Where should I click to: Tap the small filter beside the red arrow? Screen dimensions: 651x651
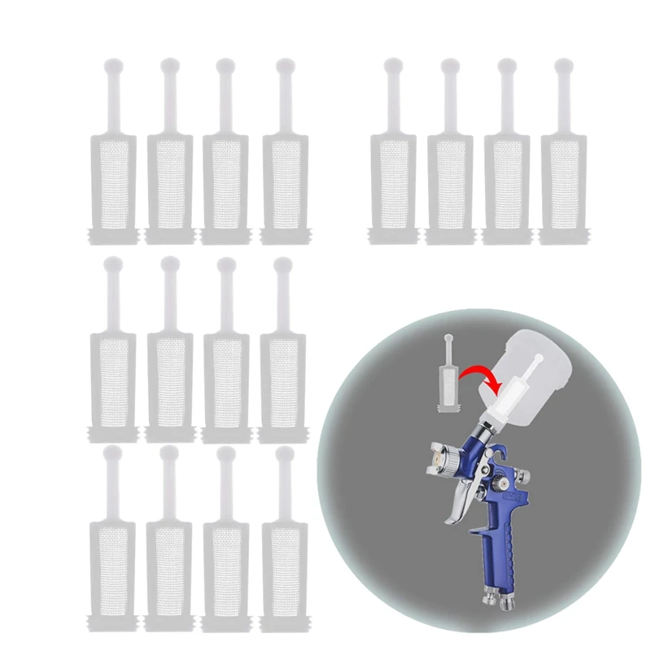tap(448, 378)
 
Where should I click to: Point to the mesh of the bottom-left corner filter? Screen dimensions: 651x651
tap(111, 562)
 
